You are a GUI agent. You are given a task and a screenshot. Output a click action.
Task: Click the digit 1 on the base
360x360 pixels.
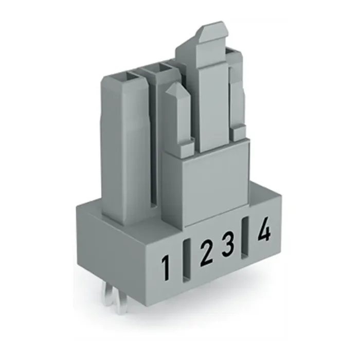166,267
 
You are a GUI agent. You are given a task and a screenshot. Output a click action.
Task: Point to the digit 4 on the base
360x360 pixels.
264,229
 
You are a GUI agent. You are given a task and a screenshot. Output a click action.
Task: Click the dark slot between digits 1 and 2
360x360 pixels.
186,260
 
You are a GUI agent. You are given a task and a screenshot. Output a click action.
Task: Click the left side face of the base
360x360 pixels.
118,247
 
